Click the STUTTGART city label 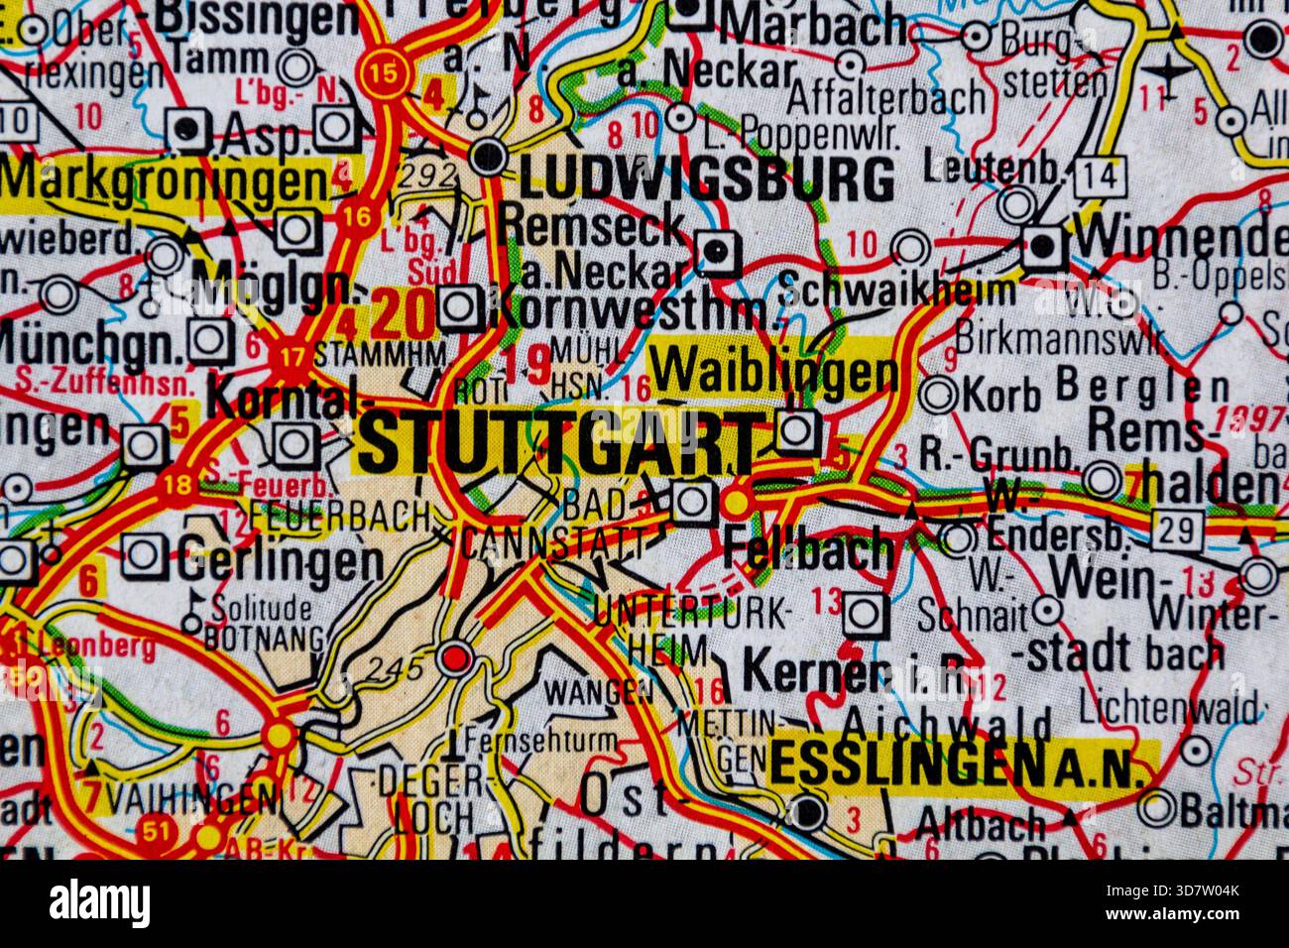tap(557, 443)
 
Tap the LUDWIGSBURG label tap(706, 180)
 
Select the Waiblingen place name tap(774, 374)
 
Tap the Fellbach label tap(809, 549)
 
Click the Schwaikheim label tap(897, 291)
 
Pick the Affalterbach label tap(887, 98)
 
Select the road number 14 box tap(1102, 178)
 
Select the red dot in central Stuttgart tap(455, 656)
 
